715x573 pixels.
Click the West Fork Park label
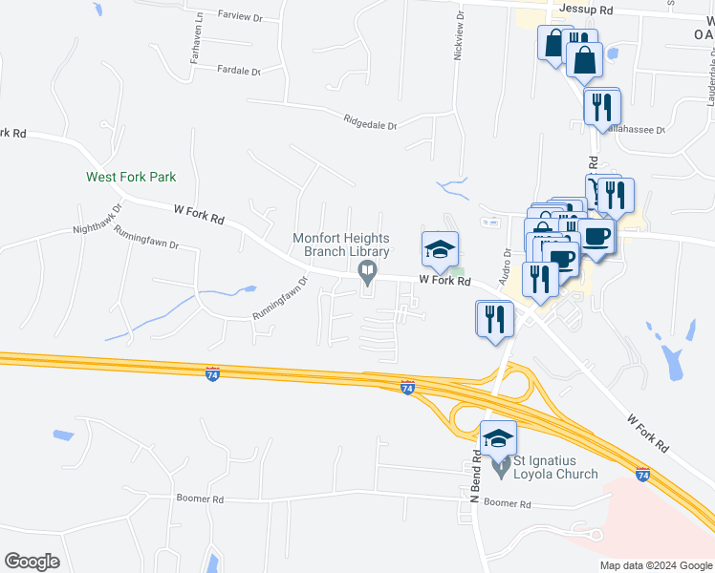tap(131, 177)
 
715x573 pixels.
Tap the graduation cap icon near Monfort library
tap(440, 249)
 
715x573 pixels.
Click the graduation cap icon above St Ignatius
tap(498, 437)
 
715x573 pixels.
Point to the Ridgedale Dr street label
tap(370, 121)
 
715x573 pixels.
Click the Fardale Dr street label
tap(239, 71)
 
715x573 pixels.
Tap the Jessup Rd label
tap(586, 9)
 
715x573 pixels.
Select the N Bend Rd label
tap(475, 472)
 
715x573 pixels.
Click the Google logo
tap(32, 562)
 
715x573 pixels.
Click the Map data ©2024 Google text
tap(655, 565)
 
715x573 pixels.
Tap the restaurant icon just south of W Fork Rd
tap(495, 318)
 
